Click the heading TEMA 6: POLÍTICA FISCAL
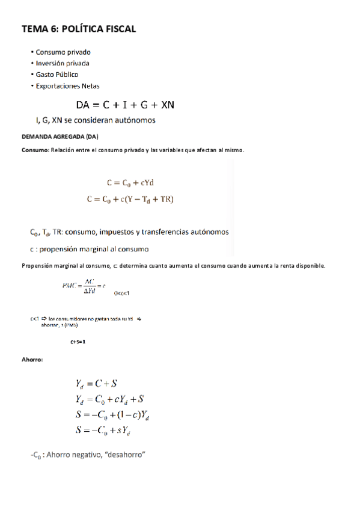[79, 29]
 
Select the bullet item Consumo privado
[63, 52]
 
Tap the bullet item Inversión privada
[63, 63]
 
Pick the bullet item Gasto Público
[56, 75]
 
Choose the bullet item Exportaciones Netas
[67, 86]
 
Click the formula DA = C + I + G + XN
[125, 105]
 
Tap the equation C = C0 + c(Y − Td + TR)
[130, 198]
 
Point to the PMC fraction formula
[84, 286]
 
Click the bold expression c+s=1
[78, 342]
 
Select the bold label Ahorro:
[32, 360]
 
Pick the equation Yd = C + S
[96, 384]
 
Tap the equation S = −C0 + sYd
[104, 430]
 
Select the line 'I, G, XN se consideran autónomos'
[96, 120]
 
